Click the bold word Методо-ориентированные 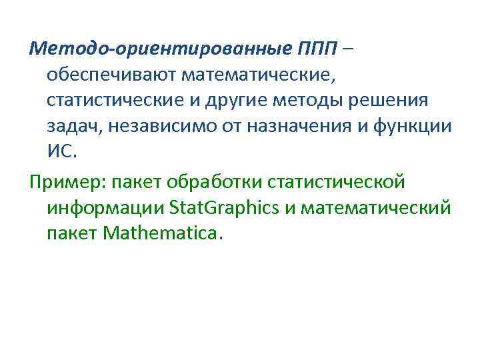click(159, 49)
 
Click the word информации click(105, 208)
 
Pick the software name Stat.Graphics click(225, 208)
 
